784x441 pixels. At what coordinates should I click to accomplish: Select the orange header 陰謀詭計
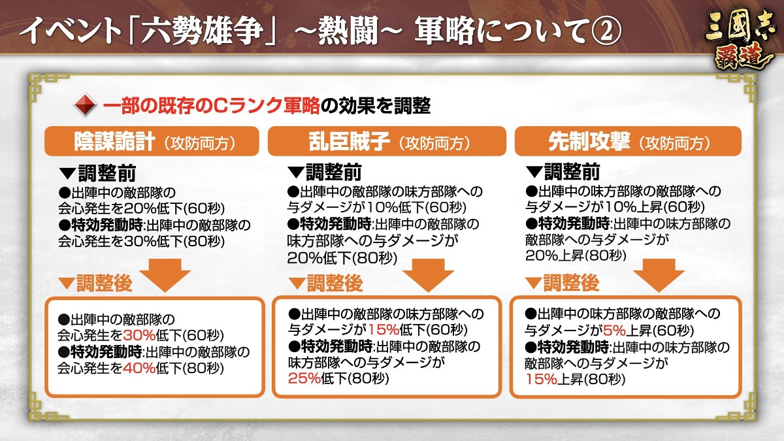coord(152,141)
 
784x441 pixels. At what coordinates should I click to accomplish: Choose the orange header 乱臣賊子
coord(387,141)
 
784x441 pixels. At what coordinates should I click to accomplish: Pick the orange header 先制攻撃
coord(628,141)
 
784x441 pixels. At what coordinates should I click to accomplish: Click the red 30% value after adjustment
coord(139,335)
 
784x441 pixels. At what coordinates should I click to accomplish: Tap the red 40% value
coord(139,368)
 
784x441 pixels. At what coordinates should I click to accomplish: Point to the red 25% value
coord(304,378)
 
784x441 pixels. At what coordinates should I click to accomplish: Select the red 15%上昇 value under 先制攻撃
coord(541,379)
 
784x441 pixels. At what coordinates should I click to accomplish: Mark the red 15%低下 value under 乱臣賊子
coord(384,329)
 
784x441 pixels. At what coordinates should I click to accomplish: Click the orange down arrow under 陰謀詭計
coord(165,276)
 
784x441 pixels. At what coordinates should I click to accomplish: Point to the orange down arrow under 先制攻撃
coord(659,276)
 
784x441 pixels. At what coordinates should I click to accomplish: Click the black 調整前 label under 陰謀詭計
coord(107,173)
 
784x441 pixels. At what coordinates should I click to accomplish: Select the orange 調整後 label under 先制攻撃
coord(571,283)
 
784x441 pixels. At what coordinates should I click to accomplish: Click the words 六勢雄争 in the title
coord(203,31)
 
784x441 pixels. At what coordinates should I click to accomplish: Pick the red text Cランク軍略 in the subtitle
coord(265,105)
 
